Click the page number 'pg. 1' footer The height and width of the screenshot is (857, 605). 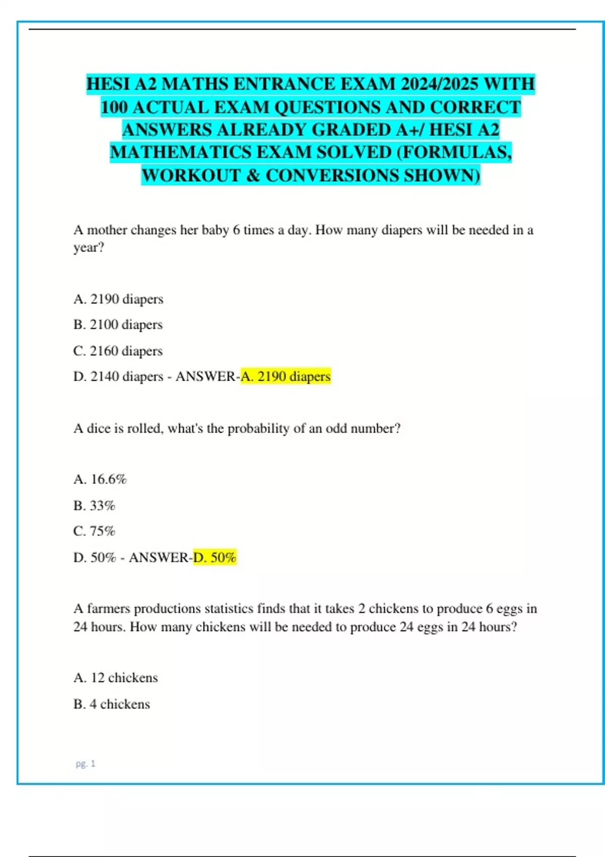point(85,764)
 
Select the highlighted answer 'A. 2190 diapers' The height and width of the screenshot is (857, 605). point(285,376)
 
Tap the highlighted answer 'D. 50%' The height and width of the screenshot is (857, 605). point(215,557)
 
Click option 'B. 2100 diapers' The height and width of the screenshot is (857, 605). point(118,325)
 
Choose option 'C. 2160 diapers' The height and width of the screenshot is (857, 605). point(118,350)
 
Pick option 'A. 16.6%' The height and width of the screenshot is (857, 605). point(100,479)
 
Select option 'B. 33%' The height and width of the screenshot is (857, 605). point(94,505)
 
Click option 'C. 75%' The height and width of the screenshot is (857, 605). point(94,531)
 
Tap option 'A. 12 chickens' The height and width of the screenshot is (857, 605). point(115,678)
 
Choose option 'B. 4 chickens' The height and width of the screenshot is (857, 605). point(111,704)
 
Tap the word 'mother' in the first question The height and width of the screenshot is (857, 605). point(107,230)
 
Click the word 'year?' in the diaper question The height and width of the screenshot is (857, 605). point(89,248)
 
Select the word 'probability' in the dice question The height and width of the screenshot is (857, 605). point(259,428)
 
